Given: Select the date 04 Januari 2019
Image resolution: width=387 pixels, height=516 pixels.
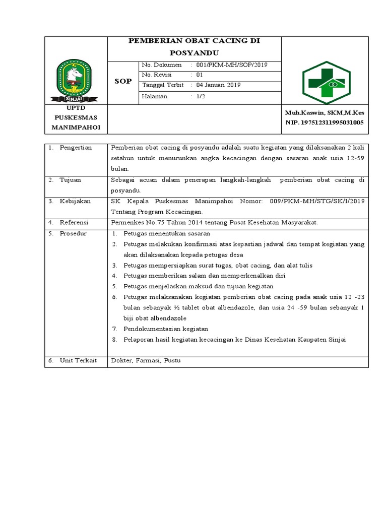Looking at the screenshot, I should click(x=218, y=85).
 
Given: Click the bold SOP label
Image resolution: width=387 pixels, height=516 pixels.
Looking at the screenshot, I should click(x=123, y=81).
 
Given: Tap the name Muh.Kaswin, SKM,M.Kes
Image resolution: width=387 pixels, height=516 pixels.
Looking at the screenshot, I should click(x=324, y=113).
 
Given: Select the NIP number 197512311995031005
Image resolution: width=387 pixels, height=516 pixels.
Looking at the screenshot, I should click(x=324, y=122).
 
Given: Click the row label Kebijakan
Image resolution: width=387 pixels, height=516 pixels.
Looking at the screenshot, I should click(x=75, y=201).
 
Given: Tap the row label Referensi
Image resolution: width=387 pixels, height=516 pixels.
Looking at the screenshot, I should click(x=74, y=222).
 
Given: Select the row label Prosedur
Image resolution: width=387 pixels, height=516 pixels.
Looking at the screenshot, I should click(x=73, y=233).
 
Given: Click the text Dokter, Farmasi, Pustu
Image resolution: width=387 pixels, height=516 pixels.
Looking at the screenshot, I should click(x=146, y=361).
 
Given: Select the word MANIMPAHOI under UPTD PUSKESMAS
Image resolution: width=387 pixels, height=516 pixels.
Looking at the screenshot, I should click(x=76, y=127).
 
